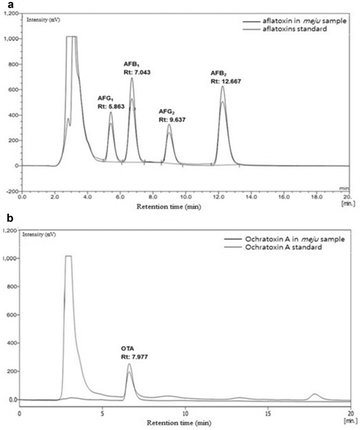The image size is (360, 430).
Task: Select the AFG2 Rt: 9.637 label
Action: [173, 116]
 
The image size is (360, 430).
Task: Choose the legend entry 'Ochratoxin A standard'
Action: [293, 247]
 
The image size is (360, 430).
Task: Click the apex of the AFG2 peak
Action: [169, 124]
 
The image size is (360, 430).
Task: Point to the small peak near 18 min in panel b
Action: [315, 394]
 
